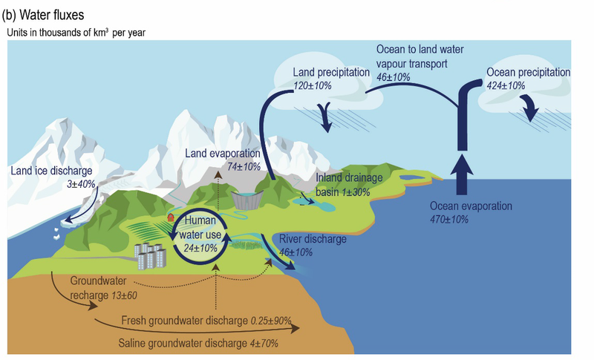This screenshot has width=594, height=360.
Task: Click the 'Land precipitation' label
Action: pos(331,73)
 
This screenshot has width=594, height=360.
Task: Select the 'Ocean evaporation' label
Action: pos(472,206)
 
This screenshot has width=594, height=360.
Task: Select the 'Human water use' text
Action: pos(200,228)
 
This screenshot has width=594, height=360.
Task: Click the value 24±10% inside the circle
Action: pos(200,248)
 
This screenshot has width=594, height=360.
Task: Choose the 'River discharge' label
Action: pos(313,239)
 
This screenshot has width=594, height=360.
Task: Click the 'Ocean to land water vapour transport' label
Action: pos(421,56)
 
